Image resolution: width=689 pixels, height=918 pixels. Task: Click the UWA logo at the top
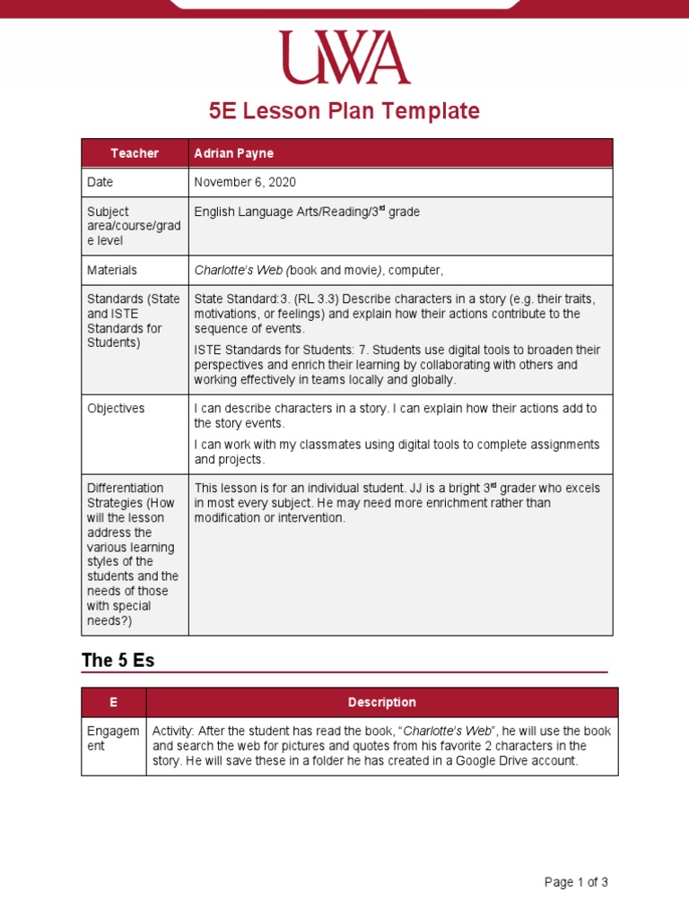point(344,57)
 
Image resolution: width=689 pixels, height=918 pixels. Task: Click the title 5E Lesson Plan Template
point(344,111)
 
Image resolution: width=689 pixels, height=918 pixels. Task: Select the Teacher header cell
point(135,153)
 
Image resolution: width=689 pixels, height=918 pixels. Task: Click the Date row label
point(100,182)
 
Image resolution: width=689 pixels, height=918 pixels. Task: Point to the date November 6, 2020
point(245,182)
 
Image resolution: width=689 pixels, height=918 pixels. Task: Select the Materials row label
point(112,269)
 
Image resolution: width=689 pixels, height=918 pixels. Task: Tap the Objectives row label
point(116,408)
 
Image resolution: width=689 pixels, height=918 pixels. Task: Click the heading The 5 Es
point(118,661)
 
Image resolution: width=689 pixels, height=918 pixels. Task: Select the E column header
point(113,702)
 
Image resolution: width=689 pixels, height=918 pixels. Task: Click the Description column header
point(382,702)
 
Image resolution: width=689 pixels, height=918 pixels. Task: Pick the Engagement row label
point(112,738)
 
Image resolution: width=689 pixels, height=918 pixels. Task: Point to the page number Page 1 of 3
point(576,882)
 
